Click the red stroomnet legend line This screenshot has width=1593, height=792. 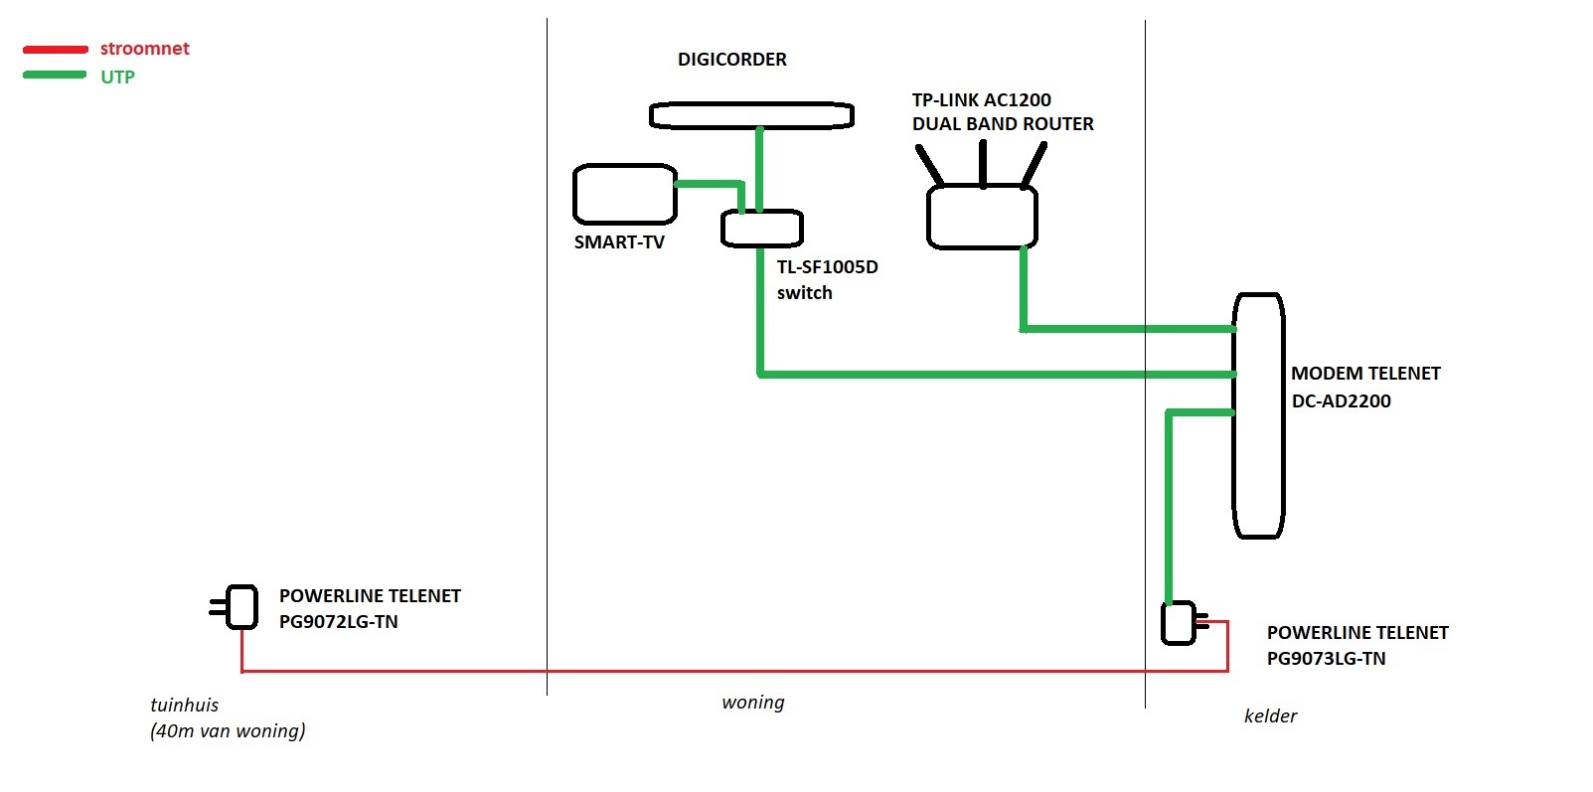click(56, 49)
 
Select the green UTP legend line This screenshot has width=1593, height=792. click(56, 76)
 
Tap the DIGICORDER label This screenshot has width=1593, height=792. click(731, 60)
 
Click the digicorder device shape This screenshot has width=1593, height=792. click(751, 115)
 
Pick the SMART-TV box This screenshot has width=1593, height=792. click(624, 194)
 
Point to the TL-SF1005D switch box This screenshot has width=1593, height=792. click(761, 229)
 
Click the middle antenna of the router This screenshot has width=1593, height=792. click(983, 164)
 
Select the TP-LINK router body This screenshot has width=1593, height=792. click(982, 217)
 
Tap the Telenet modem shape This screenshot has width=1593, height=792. click(1258, 415)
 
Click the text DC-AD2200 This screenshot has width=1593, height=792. click(1341, 401)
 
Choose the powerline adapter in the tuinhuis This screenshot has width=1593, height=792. click(241, 606)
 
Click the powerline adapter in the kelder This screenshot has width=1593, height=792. click(1179, 623)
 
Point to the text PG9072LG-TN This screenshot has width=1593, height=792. click(338, 622)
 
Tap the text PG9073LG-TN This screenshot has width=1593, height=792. click(1326, 659)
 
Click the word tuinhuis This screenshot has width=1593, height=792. click(184, 706)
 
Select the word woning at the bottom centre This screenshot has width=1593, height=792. click(752, 703)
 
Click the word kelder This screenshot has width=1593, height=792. click(1270, 716)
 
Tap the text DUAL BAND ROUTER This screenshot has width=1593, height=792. click(1003, 124)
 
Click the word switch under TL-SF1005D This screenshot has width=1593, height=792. click(804, 293)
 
